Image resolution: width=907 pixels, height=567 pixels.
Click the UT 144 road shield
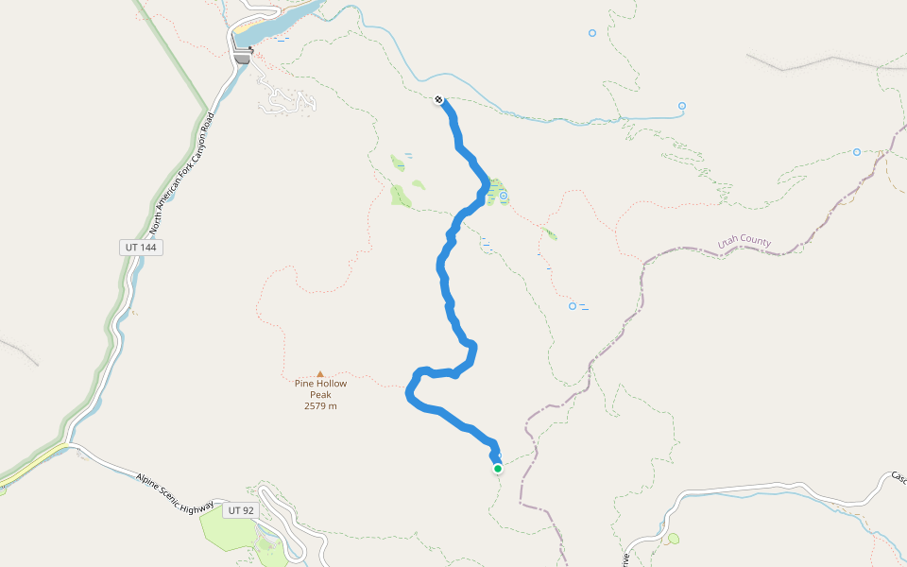tap(141, 248)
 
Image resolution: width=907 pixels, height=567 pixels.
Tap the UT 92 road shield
tap(241, 510)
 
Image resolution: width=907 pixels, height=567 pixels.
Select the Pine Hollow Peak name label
tap(320, 389)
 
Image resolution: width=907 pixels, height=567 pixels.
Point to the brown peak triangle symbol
tap(320, 374)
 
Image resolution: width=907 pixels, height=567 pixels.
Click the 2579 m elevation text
tap(320, 406)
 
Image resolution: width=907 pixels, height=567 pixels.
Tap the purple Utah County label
tap(744, 242)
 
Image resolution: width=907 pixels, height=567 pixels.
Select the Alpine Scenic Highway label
tap(174, 493)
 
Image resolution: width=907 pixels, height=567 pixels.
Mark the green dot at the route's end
tap(498, 468)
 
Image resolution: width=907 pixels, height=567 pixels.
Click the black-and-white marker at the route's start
tap(439, 99)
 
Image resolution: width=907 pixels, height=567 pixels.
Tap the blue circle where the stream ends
tap(682, 106)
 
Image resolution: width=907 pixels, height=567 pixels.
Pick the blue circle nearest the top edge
tap(592, 33)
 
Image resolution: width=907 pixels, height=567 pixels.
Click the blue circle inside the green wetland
tap(504, 196)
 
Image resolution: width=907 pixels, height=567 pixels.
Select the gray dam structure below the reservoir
tap(243, 58)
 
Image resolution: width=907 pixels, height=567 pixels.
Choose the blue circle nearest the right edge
tap(857, 152)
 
